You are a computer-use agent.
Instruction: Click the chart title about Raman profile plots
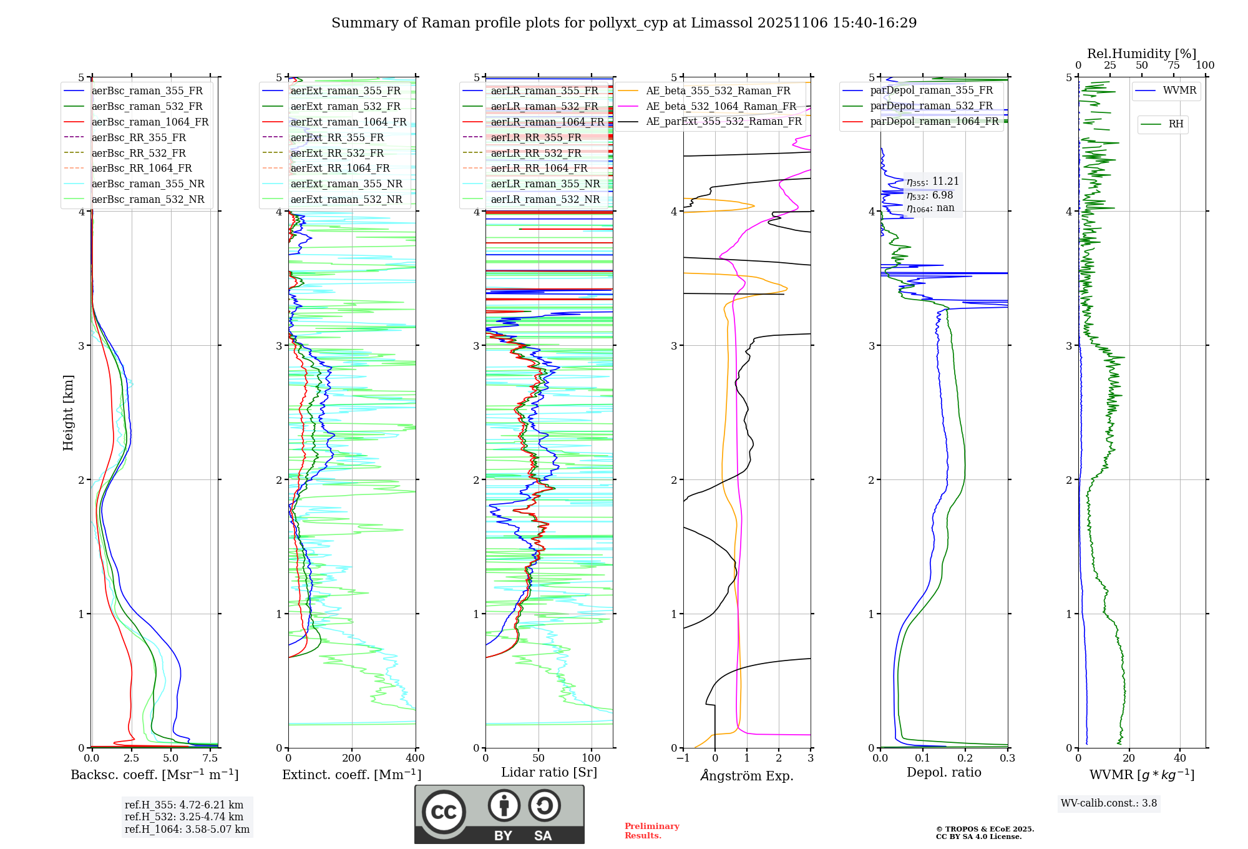[624, 23]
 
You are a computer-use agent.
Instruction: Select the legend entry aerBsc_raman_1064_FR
[150, 122]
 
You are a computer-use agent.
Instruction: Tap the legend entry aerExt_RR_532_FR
[337, 154]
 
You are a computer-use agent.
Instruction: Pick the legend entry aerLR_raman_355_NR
[545, 184]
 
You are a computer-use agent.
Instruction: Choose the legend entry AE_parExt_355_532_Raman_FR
[723, 122]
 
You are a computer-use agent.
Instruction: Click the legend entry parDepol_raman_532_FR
[931, 106]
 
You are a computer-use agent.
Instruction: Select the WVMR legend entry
[1179, 91]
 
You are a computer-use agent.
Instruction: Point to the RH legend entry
[1176, 124]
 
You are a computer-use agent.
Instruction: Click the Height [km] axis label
[68, 413]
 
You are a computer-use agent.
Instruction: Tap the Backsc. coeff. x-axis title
[155, 775]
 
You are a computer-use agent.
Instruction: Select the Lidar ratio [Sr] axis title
[549, 772]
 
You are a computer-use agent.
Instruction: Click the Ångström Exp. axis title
[747, 776]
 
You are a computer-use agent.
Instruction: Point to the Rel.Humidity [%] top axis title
[1141, 54]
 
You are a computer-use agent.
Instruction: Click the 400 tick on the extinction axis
[415, 758]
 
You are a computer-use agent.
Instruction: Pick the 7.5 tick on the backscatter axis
[210, 758]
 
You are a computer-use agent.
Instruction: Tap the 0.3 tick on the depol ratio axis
[1007, 758]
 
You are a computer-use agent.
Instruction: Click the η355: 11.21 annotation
[932, 182]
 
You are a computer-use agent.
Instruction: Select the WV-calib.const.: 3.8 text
[1109, 803]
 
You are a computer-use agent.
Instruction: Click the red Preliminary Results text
[651, 831]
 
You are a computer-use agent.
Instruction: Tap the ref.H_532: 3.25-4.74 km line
[184, 817]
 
